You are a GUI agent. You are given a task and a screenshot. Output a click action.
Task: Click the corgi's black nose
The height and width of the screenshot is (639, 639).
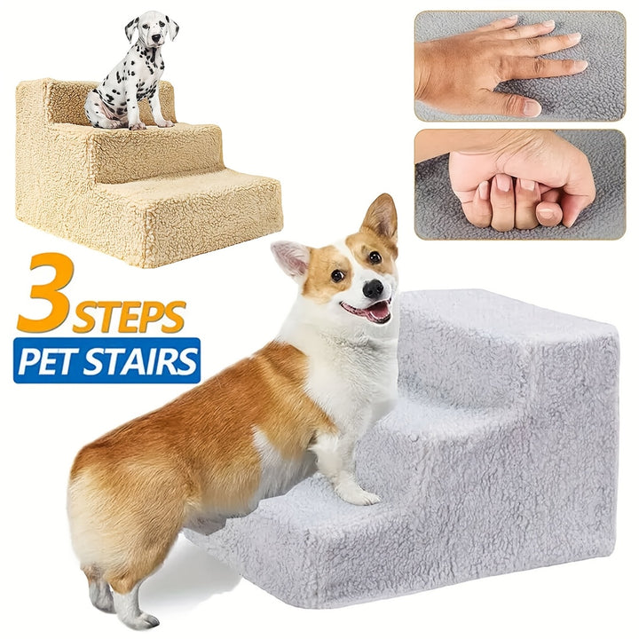[374, 289]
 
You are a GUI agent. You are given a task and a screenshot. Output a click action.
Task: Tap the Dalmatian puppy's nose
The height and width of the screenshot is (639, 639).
[156, 38]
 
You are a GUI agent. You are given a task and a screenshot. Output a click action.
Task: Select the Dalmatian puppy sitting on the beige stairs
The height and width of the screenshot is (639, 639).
[131, 70]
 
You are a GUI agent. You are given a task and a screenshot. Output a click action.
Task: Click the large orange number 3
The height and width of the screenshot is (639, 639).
[46, 293]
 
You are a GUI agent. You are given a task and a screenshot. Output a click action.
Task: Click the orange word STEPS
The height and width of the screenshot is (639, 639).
[130, 317]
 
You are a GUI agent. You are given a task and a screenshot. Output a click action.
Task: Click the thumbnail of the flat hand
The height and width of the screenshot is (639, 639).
[520, 66]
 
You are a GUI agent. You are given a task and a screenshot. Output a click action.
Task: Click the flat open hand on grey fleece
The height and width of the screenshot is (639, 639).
[499, 65]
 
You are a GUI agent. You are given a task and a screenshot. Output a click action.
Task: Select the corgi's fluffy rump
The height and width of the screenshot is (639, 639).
[106, 501]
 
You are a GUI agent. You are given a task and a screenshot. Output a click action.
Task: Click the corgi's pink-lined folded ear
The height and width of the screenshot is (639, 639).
[291, 257]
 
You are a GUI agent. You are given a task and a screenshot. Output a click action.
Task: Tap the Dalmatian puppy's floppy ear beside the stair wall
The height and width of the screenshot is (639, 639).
[131, 29]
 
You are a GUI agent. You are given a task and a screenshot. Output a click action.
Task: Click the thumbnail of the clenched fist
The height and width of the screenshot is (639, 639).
[520, 185]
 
